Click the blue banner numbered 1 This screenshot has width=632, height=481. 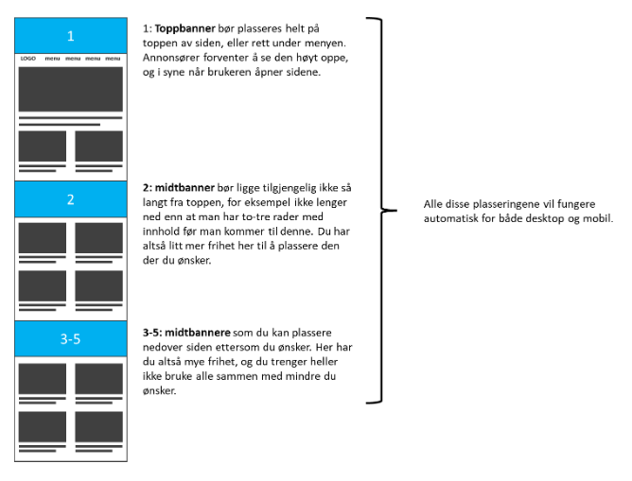coord(71,35)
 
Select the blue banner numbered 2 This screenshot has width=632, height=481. coord(71,199)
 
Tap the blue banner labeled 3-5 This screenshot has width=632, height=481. coord(71,338)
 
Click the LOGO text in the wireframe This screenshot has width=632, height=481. coord(27,59)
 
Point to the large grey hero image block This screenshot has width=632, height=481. coord(71,89)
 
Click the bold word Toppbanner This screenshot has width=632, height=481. coord(185,28)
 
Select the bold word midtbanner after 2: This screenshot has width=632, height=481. coord(184,187)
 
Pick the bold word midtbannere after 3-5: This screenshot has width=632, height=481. coord(198,333)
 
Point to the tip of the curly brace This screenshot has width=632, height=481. coord(397,210)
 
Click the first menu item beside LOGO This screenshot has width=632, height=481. coord(52,59)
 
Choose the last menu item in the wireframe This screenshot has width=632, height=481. coord(113,59)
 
